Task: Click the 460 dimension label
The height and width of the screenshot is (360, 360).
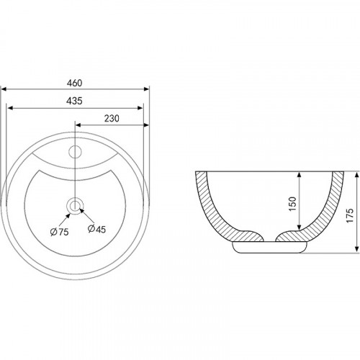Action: pos(74,83)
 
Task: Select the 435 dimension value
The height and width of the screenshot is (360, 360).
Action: pos(74,101)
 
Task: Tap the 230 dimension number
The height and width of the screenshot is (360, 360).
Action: pos(112,119)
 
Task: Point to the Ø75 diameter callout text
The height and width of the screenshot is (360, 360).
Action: pos(60,232)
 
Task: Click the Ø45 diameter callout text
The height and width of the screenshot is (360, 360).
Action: pos(96,229)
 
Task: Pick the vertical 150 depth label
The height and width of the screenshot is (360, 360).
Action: pos(292,204)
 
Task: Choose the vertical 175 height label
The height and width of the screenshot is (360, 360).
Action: pos(350,215)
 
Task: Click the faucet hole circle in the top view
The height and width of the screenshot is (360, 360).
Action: pos(75,152)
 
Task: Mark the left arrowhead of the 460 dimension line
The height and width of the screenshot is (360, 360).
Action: pos(4,89)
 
